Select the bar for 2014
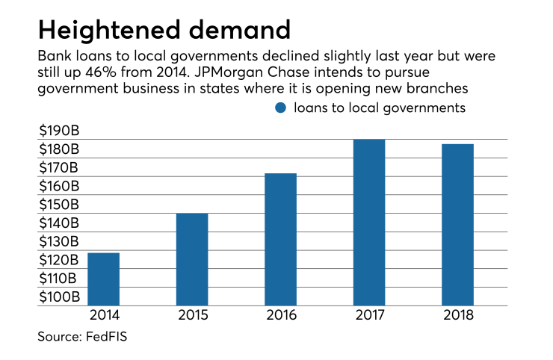103,279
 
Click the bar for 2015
192,259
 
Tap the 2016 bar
281,239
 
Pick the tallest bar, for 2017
369,223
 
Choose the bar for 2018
457,225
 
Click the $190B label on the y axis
59,131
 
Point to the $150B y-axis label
59,205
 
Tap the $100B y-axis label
59,297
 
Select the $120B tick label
59,260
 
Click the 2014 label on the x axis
103,315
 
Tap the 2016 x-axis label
281,315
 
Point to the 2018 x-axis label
457,315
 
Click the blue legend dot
281,108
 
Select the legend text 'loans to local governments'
380,108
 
